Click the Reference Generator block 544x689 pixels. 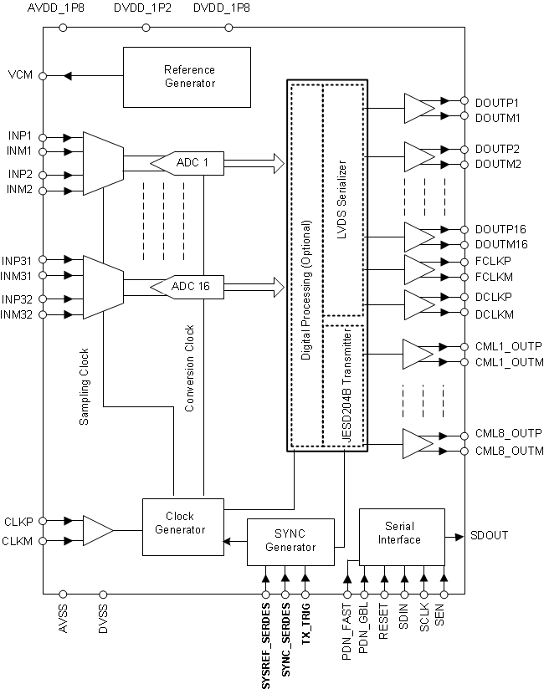[187, 76]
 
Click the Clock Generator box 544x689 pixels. [182, 527]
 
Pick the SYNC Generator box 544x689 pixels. [290, 540]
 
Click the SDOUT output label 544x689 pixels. [488, 535]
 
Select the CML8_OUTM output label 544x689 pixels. [508, 452]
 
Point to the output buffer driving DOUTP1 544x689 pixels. [418, 108]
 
